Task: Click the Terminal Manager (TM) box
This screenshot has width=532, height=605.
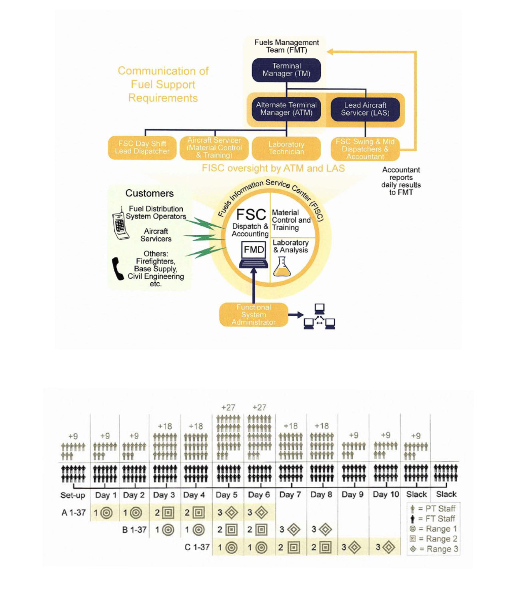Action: click(286, 70)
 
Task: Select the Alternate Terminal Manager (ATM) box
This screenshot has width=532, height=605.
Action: click(286, 109)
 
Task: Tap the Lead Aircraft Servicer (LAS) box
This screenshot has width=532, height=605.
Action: click(365, 109)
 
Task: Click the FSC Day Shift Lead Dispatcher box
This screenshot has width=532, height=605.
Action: click(142, 147)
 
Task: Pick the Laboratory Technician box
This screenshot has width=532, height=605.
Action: click(286, 148)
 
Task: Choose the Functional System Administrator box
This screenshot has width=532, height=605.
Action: click(254, 314)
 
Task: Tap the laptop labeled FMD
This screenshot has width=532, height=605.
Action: click(254, 254)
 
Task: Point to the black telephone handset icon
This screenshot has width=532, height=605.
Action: click(118, 269)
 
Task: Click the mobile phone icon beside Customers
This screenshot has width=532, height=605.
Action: click(120, 223)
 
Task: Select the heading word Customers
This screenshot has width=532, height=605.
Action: click(149, 193)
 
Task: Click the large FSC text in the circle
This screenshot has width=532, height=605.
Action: click(251, 214)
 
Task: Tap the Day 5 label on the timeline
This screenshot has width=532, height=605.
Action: click(226, 495)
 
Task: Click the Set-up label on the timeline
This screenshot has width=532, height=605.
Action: click(73, 495)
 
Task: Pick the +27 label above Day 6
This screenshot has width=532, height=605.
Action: click(259, 407)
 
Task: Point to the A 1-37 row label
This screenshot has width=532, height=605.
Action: click(74, 512)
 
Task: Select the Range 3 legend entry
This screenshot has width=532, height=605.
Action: click(434, 549)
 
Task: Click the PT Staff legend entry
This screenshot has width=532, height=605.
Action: click(433, 508)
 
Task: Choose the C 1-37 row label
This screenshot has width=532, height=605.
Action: click(197, 547)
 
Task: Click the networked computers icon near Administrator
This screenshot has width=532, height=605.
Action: click(319, 317)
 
